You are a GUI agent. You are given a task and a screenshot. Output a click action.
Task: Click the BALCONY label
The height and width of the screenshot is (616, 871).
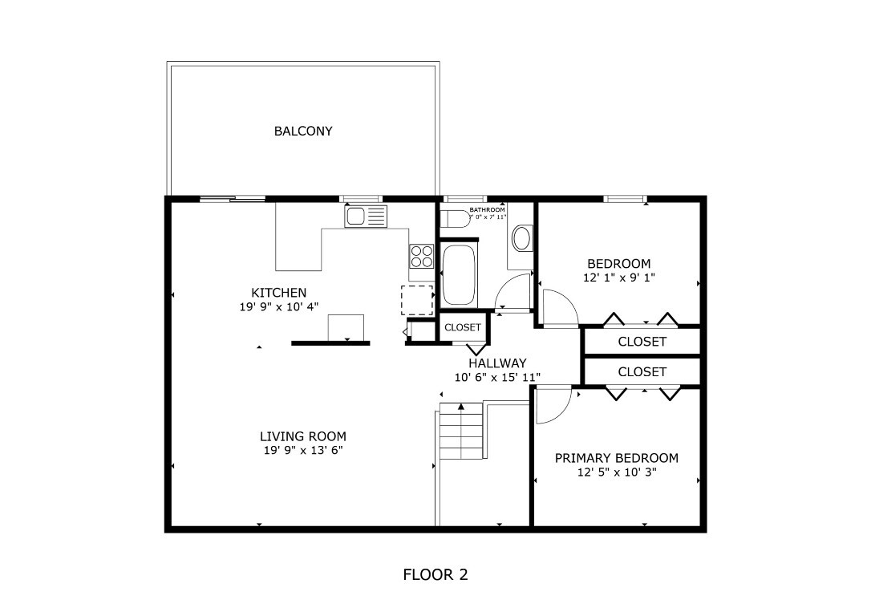click(x=303, y=131)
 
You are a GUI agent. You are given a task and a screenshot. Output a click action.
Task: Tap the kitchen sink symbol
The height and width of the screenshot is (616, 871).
click(x=366, y=217)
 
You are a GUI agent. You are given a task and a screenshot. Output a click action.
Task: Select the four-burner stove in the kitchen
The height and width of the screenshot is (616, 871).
click(x=421, y=256)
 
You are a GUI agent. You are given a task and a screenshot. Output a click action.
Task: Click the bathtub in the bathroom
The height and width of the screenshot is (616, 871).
click(x=458, y=275)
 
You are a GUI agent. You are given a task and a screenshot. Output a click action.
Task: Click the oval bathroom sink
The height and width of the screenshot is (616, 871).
click(x=522, y=238)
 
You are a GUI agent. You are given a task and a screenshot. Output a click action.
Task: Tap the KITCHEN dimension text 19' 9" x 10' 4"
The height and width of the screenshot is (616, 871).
click(x=279, y=306)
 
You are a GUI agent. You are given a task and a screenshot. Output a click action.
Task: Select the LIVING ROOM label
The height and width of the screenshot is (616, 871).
click(x=303, y=436)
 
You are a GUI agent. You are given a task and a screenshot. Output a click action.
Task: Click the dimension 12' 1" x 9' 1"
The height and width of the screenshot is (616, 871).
click(x=618, y=278)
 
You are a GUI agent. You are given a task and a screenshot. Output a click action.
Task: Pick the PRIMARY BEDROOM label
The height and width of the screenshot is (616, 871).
click(x=617, y=458)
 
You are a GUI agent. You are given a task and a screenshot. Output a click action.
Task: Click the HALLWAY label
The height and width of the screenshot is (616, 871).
click(x=497, y=363)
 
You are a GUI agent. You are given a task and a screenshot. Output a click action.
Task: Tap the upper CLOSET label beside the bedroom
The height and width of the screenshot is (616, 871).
click(x=642, y=342)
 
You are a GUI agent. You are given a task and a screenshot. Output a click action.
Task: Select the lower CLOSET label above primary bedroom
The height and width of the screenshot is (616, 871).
click(x=642, y=372)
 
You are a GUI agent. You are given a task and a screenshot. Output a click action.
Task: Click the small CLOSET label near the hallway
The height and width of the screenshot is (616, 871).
click(x=463, y=327)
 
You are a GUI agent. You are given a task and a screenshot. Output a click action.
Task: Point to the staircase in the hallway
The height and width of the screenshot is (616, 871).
click(x=463, y=433)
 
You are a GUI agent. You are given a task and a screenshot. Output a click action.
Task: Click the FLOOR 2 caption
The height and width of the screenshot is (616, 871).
click(x=435, y=574)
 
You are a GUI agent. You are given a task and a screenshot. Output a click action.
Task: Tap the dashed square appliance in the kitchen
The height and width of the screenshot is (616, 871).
click(x=416, y=299)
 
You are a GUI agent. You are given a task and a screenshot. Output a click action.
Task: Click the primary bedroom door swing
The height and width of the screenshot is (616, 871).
click(x=553, y=405)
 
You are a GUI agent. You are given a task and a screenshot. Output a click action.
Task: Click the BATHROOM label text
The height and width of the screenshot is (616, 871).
click(x=487, y=209)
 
